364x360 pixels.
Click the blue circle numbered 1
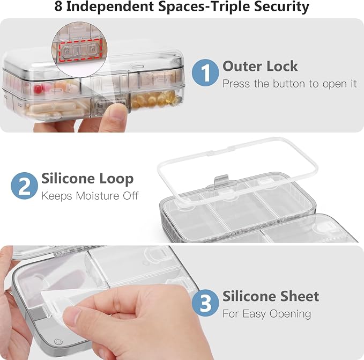coord(205,72)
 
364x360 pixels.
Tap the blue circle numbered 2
coord(24,186)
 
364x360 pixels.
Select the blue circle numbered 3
coord(205,303)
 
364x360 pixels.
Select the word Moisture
coord(98,196)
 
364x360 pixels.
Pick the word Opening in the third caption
coord(290,314)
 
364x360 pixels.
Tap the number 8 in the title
coord(58,6)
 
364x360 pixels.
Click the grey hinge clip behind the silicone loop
coord(222,180)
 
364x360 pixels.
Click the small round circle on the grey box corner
coord(58,342)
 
